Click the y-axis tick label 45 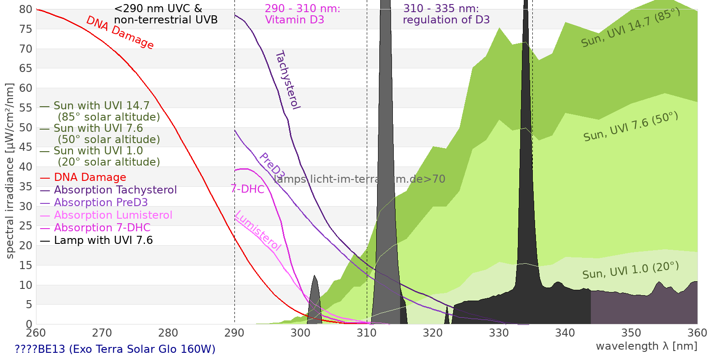tap(26, 147)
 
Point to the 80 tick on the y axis tap(26, 9)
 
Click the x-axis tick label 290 tap(234, 333)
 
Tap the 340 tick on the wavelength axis tap(565, 333)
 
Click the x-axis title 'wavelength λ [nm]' tap(646, 346)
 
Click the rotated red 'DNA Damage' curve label tap(120, 32)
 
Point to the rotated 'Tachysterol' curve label tap(288, 80)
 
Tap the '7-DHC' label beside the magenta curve tap(247, 189)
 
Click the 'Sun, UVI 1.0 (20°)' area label tap(630, 270)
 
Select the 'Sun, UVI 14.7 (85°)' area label tap(630, 28)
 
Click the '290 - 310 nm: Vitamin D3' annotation tap(302, 14)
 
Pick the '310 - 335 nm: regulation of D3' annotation tap(446, 14)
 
